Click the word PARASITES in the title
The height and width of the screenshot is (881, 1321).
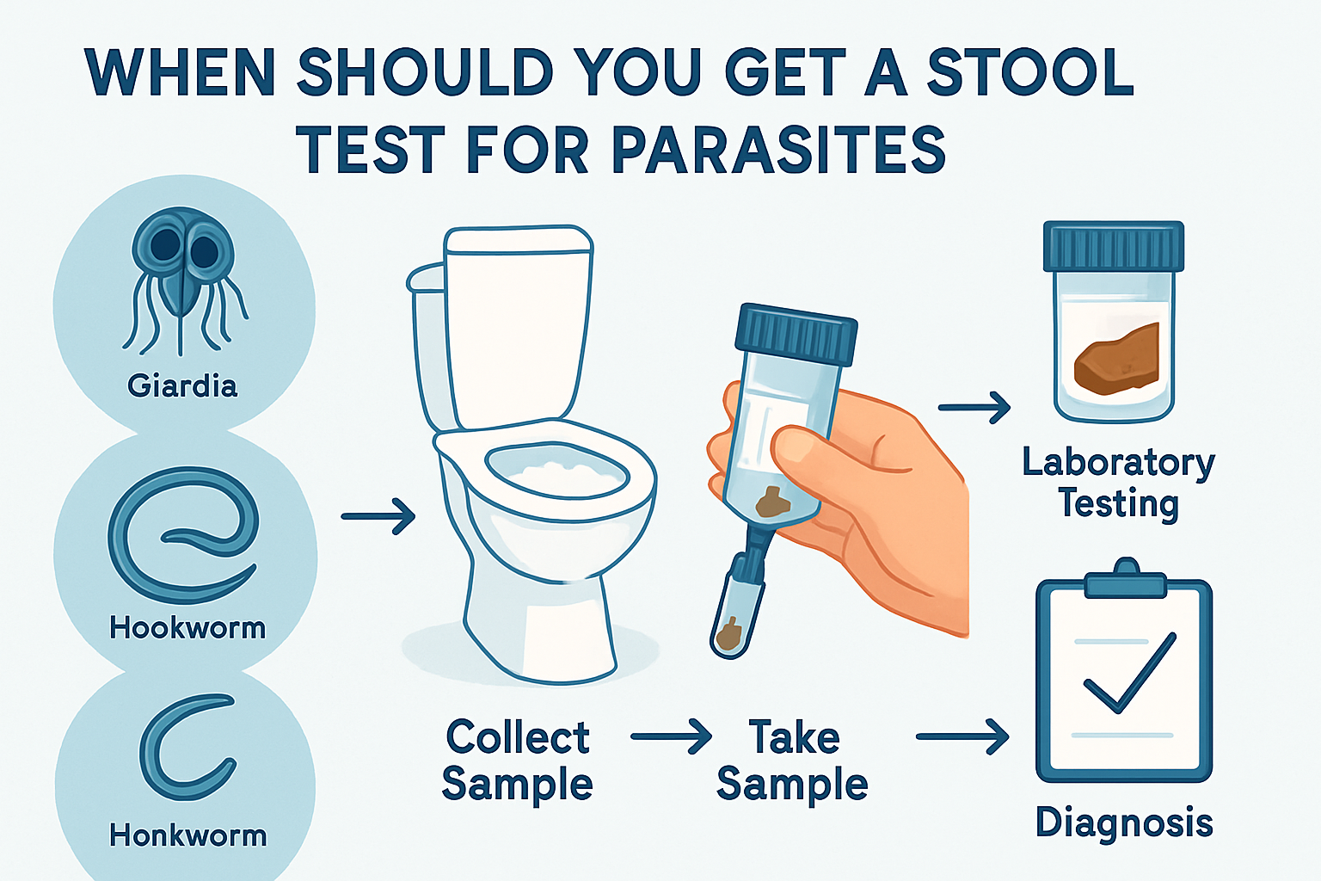pyautogui.click(x=778, y=151)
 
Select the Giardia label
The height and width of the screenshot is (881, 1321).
pyautogui.click(x=182, y=385)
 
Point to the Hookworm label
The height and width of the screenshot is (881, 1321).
pyautogui.click(x=187, y=628)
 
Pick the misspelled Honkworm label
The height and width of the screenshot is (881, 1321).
pyautogui.click(x=187, y=835)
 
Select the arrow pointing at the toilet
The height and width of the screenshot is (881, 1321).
pyautogui.click(x=378, y=516)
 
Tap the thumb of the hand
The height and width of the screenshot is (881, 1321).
pyautogui.click(x=808, y=447)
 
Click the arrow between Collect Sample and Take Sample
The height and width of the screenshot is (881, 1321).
pyautogui.click(x=671, y=737)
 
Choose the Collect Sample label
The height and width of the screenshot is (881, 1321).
pyautogui.click(x=517, y=761)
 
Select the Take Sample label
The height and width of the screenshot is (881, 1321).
pyautogui.click(x=792, y=761)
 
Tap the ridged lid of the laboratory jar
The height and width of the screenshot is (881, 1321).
pyautogui.click(x=1114, y=246)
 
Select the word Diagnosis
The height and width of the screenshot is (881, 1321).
pyautogui.click(x=1124, y=822)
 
